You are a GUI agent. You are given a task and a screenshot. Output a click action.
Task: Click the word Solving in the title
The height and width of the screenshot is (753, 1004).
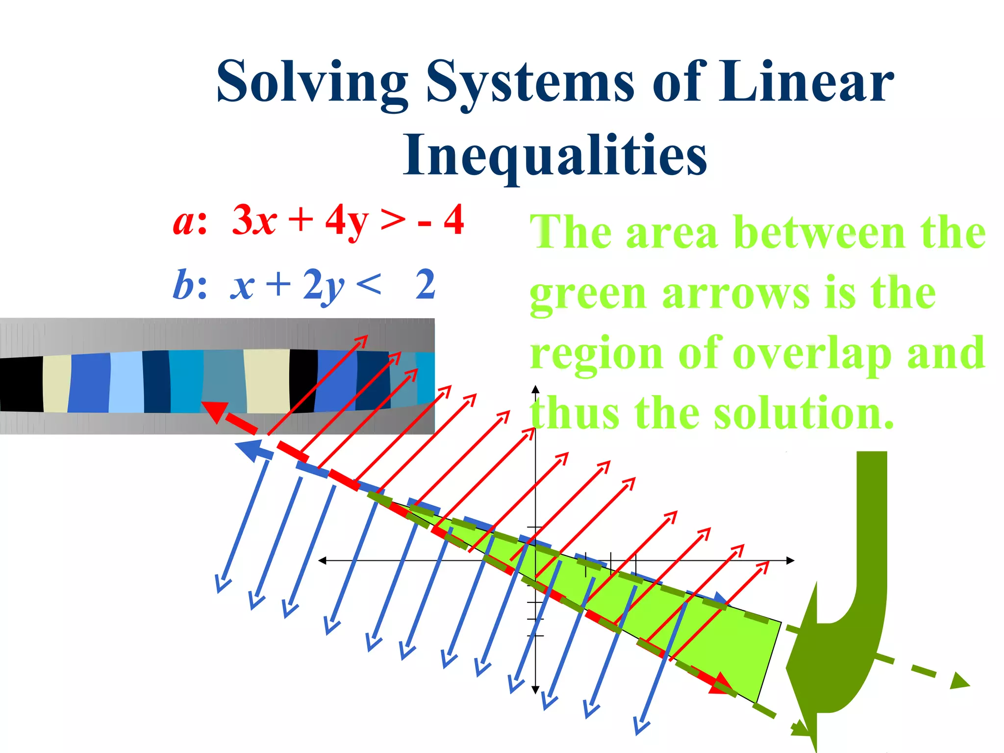[x=312, y=82]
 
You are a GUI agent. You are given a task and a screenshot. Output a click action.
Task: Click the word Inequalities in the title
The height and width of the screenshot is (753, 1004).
[x=554, y=156]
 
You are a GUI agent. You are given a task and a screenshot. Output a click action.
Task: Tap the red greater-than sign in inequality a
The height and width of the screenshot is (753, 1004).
[x=393, y=221]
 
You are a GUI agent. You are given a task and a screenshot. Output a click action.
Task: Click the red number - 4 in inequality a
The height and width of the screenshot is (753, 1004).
[x=441, y=221]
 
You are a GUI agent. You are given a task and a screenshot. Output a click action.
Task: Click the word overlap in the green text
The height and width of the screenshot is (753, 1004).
[x=811, y=354]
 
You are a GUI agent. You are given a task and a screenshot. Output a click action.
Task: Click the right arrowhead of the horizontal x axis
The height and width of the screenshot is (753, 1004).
[x=790, y=560]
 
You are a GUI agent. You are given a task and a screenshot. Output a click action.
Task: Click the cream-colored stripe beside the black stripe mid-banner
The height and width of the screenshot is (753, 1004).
[x=267, y=381]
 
